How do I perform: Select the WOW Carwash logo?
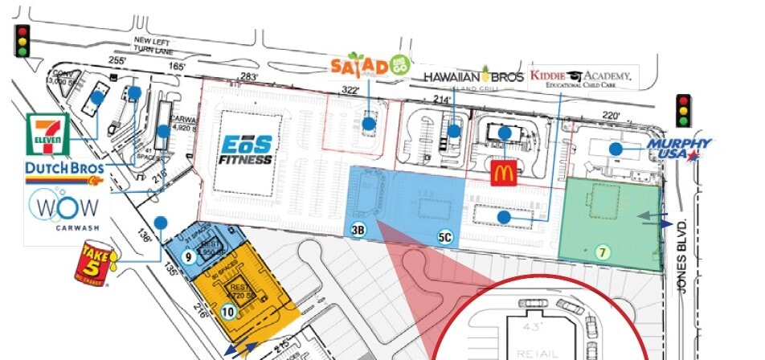coord(64,211)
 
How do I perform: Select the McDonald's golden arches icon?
coord(503,170)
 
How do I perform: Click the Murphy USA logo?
coord(679,149)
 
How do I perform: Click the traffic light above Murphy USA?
coord(684,110)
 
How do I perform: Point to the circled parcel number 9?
coord(187,257)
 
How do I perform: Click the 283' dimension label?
coord(236,78)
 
